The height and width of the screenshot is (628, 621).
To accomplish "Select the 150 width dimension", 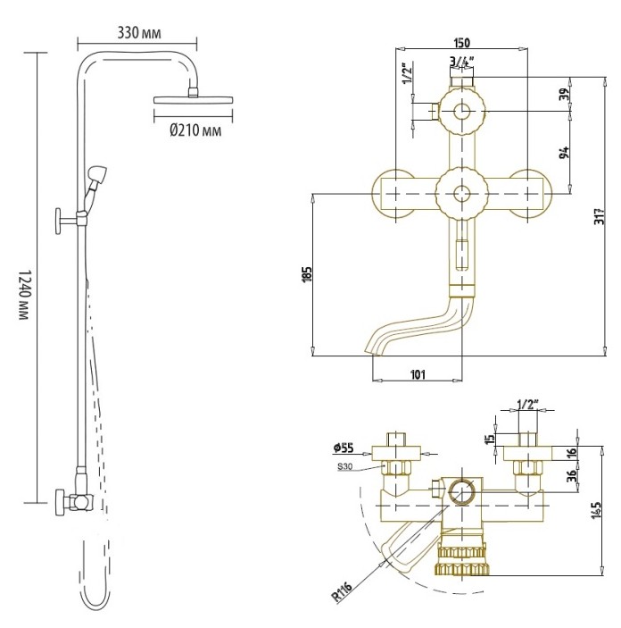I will (x=462, y=43).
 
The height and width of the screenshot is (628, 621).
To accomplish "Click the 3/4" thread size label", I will (x=462, y=62).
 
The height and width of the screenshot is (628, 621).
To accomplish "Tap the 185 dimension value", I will (x=306, y=273).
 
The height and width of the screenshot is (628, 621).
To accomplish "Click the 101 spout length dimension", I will (x=417, y=374).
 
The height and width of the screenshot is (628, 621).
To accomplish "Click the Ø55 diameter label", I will (x=344, y=447).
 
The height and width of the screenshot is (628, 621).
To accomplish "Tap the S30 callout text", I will (x=346, y=466).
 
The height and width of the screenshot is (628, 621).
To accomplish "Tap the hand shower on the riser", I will (x=99, y=173).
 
